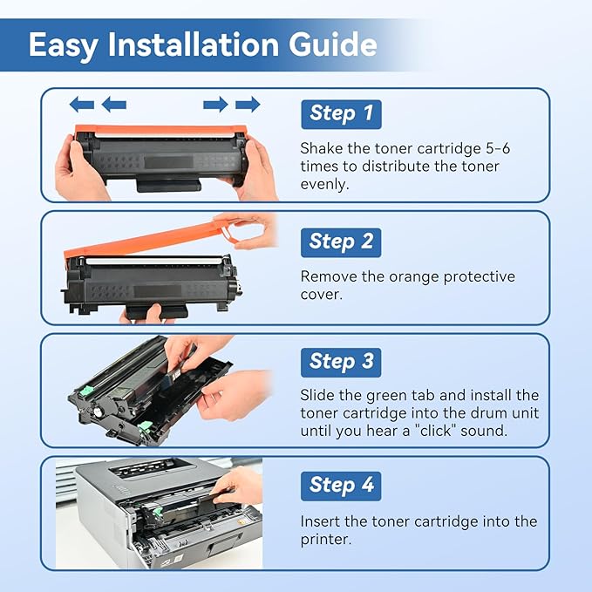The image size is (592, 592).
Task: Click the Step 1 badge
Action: point(341,113)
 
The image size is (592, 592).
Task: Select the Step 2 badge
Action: point(341,242)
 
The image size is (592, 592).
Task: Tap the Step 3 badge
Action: point(341,361)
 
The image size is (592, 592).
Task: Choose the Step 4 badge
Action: point(341,485)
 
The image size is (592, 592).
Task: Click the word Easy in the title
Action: point(64,45)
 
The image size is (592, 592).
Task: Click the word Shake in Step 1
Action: point(323,148)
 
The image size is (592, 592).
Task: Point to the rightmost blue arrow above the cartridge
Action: point(248,105)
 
